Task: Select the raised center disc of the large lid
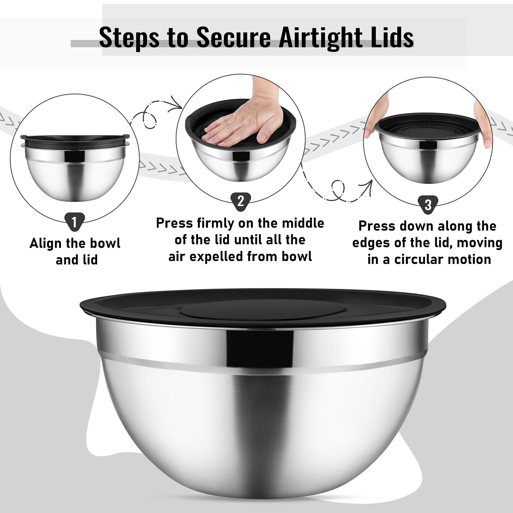point(263,310)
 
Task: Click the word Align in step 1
point(45,244)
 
